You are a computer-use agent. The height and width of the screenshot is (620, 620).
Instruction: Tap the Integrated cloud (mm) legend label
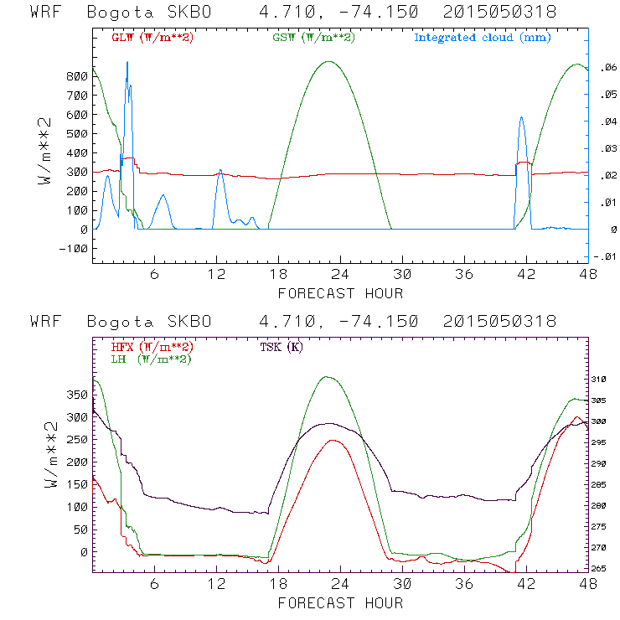tap(482, 38)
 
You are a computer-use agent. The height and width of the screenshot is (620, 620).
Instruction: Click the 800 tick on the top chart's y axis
tap(76, 76)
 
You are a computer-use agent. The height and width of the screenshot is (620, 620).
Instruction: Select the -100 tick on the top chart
tap(73, 249)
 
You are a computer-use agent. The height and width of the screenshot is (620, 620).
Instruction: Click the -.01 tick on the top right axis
tap(605, 256)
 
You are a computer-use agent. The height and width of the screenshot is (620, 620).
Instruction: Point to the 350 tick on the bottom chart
tap(76, 394)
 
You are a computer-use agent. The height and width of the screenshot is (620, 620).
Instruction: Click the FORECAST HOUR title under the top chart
tap(340, 293)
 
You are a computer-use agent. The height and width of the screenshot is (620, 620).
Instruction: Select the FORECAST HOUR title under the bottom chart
tap(340, 603)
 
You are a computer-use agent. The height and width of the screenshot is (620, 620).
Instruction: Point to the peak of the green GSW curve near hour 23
tap(329, 61)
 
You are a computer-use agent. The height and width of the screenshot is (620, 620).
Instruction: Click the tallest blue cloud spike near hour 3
tap(127, 62)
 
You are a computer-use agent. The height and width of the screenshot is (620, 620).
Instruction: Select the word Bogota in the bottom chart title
tap(116, 322)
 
